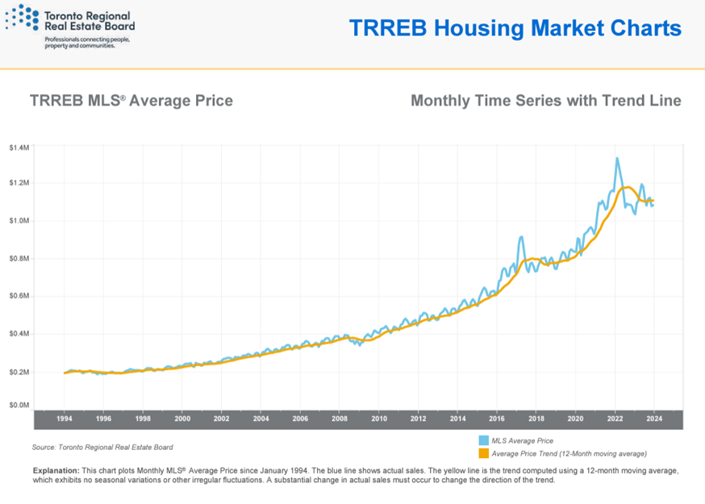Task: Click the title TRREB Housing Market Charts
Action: point(515,28)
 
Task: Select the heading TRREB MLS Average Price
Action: point(131,101)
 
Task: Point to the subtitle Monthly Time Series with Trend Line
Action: point(545,101)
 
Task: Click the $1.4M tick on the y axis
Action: point(19,148)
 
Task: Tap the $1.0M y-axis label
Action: point(19,221)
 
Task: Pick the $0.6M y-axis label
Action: point(19,296)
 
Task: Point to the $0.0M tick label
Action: point(19,406)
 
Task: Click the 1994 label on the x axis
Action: point(65,419)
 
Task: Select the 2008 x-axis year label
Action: point(340,419)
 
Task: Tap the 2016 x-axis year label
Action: point(497,419)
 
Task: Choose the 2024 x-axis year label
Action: point(654,419)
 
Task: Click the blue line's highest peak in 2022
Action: point(617,159)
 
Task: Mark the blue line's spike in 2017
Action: point(521,237)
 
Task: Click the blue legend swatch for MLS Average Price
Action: point(483,441)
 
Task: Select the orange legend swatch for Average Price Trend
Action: point(483,453)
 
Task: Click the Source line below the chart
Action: point(102,447)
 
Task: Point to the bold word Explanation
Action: point(56,469)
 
